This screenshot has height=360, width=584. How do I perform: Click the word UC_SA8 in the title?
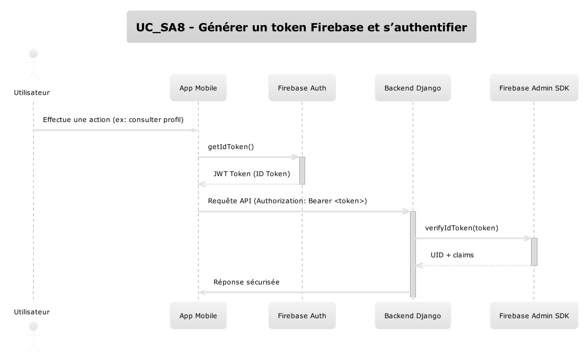160,27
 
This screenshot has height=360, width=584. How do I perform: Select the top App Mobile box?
198,88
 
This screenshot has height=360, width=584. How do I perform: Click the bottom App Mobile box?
198,316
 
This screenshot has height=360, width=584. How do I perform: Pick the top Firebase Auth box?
302,88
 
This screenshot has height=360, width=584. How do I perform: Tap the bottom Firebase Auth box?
302,316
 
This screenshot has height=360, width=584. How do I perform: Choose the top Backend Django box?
413,88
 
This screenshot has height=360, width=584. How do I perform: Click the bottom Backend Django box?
413,316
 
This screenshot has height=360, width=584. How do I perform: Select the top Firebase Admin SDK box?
534,88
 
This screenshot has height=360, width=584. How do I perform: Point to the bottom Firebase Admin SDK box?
534,316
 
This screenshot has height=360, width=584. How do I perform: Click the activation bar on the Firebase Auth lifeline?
302,171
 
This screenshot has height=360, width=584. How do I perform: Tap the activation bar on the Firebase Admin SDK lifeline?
534,251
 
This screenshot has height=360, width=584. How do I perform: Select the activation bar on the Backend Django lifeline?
413,254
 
